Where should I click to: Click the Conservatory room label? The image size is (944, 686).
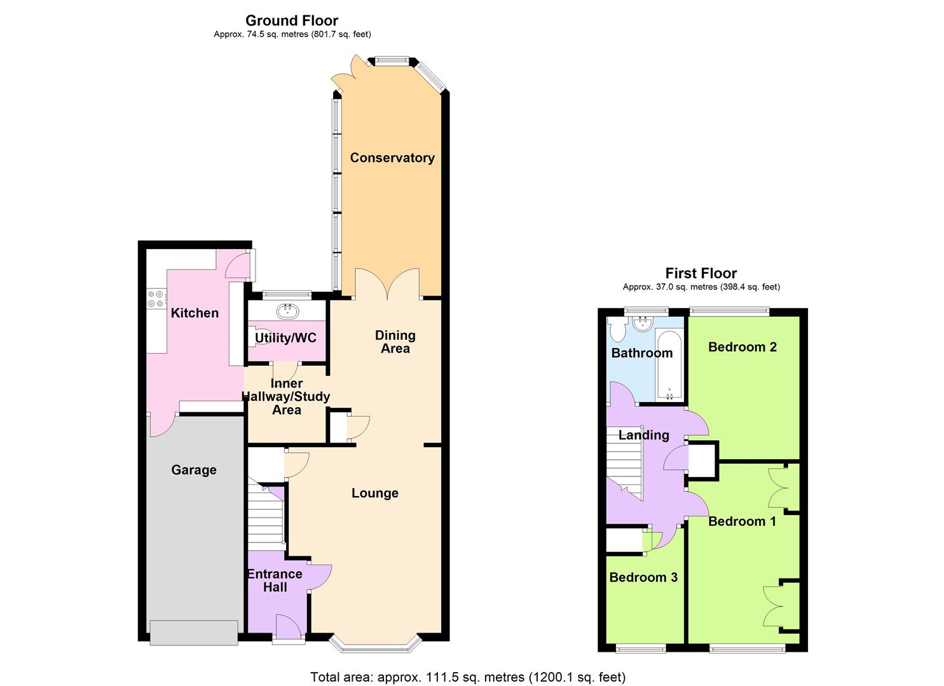[392, 158]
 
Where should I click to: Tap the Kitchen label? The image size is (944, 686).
[195, 313]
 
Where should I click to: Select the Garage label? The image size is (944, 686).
[194, 470]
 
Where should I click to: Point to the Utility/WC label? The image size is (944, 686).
[285, 338]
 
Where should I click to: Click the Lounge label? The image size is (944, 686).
[375, 493]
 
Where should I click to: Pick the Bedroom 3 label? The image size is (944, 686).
[643, 577]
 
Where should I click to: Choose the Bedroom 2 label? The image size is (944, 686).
[742, 347]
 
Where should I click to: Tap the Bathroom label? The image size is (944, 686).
[641, 353]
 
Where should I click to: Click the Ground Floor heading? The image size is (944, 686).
[292, 20]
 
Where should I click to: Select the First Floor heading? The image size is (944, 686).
[701, 273]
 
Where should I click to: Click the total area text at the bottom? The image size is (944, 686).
[467, 677]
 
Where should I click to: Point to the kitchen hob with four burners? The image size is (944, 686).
[156, 299]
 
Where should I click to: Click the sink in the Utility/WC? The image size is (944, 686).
[289, 311]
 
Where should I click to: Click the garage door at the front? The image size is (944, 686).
[194, 633]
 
